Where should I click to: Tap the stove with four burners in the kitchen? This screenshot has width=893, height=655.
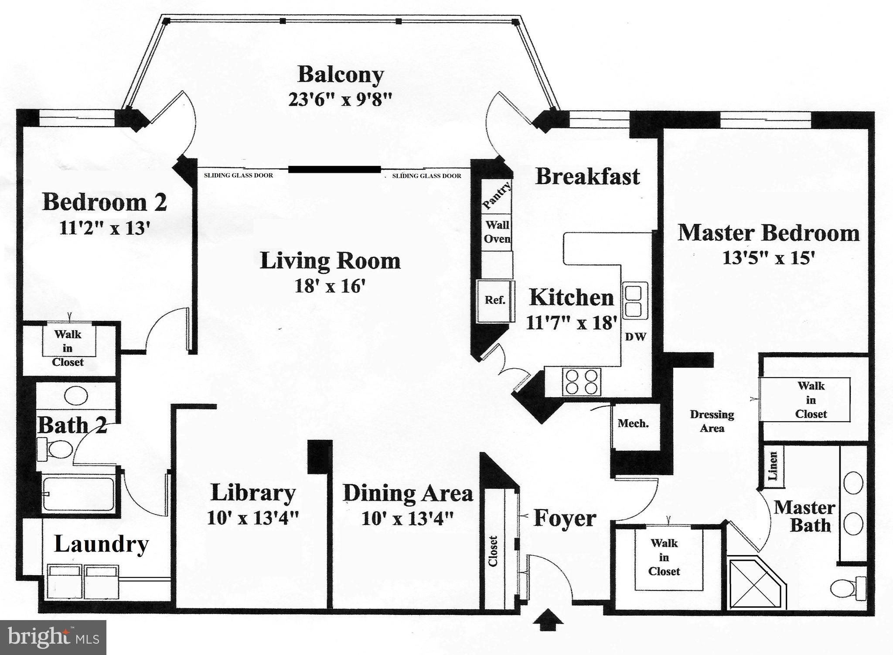(581, 382)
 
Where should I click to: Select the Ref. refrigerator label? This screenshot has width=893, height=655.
(495, 300)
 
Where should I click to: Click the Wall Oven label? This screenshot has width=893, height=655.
(497, 232)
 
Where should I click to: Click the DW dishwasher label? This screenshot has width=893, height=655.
(635, 337)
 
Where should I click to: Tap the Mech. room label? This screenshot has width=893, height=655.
(633, 423)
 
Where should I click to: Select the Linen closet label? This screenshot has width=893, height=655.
(773, 466)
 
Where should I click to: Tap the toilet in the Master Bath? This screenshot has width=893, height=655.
(848, 588)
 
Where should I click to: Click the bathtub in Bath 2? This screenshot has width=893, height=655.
(78, 494)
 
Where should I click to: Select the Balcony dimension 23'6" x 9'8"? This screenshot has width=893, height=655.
(340, 99)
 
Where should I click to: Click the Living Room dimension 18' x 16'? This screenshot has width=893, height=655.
(330, 286)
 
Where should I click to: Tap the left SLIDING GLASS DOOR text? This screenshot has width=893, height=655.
(239, 175)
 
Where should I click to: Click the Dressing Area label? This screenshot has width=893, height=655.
(712, 421)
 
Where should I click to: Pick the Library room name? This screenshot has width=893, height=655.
(253, 493)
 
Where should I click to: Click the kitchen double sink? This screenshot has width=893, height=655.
(634, 301)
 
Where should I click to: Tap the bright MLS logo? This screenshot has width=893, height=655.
(53, 638)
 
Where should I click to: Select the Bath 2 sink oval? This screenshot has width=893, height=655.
(76, 396)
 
